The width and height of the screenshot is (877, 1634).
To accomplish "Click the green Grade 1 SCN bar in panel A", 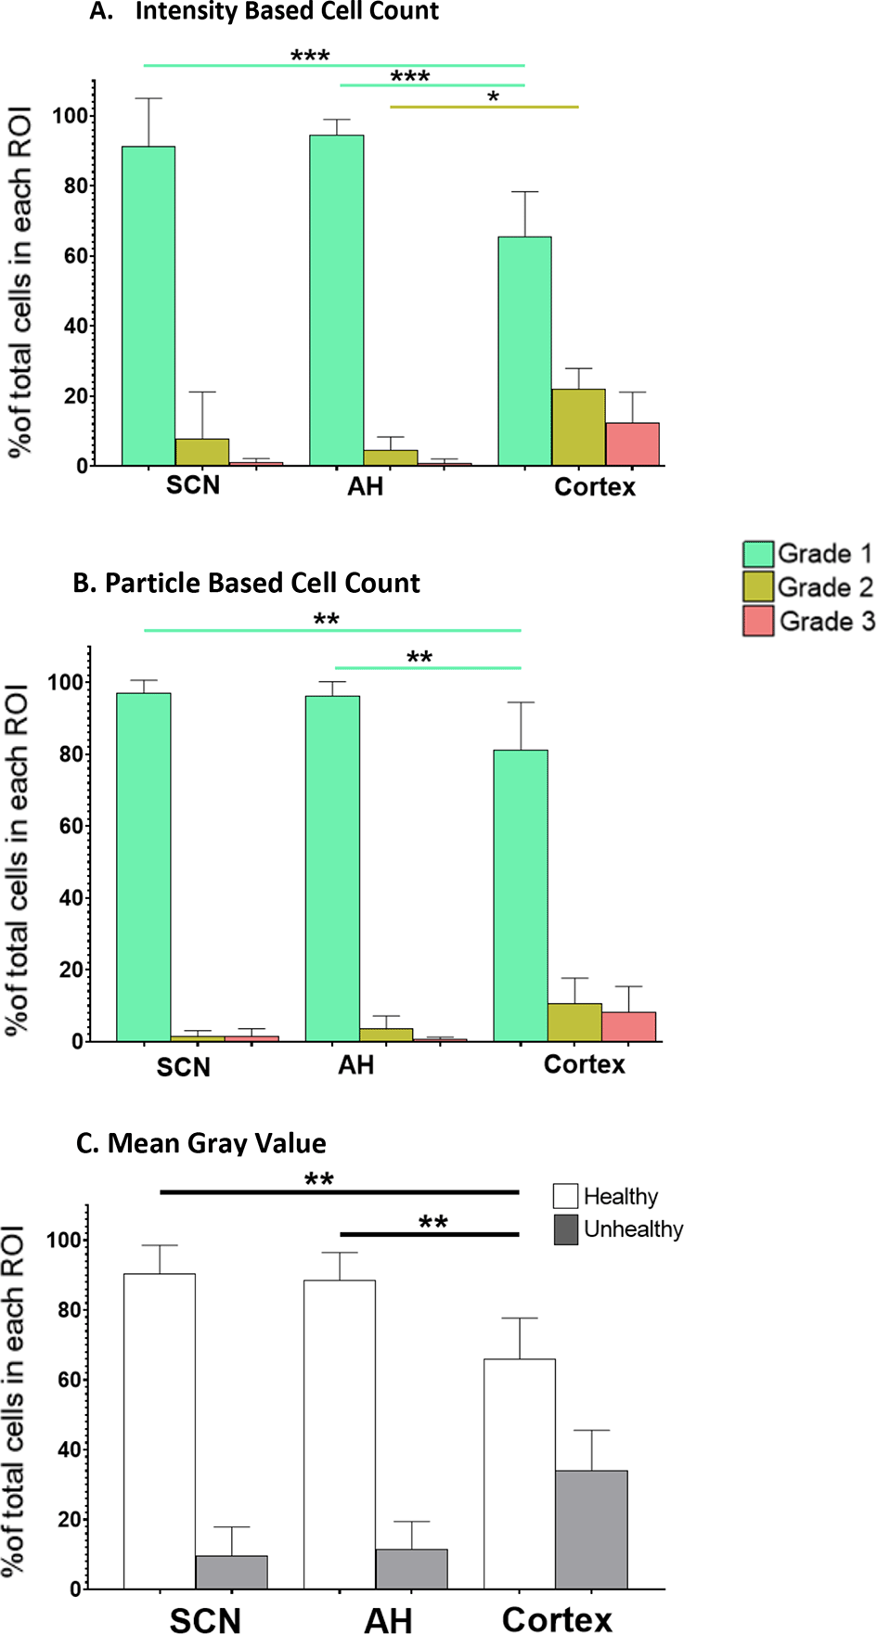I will click(148, 306).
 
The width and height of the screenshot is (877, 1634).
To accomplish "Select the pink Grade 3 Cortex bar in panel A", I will click(633, 444).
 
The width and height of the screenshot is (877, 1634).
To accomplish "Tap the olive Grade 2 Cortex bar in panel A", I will click(578, 428).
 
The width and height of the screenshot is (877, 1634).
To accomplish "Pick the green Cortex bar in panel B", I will click(521, 895).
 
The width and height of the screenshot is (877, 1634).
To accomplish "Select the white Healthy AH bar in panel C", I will click(340, 1434).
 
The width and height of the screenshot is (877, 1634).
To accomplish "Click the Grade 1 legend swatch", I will click(758, 554).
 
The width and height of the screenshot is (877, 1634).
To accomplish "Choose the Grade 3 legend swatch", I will click(758, 622).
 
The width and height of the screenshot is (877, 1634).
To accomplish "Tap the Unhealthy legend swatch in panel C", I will click(566, 1229).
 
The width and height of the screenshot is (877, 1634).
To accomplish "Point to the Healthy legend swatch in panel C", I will click(566, 1196).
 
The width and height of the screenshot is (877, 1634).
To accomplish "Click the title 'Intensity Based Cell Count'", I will click(287, 12).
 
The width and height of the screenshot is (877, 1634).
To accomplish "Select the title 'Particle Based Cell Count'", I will click(262, 583).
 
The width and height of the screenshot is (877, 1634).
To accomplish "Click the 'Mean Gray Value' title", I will click(216, 1143).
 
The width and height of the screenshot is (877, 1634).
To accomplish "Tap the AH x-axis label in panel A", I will click(366, 486).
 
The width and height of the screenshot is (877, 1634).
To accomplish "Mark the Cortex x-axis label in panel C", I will click(557, 1619).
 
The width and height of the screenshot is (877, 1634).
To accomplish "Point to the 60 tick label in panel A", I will click(76, 256).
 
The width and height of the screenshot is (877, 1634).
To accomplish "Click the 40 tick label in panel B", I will click(71, 897).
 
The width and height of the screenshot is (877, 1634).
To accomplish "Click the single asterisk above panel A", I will click(493, 97).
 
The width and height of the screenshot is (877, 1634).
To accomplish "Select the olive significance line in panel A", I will click(484, 108).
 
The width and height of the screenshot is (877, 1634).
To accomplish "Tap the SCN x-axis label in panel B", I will click(184, 1067).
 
